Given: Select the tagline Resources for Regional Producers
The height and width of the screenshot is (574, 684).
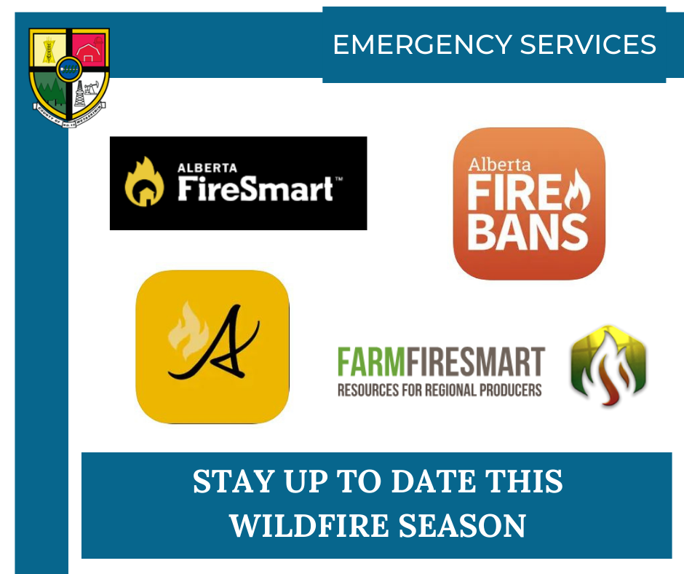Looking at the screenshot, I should click(440, 390).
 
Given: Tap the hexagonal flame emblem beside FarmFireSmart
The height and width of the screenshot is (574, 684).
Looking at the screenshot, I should click(608, 366).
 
